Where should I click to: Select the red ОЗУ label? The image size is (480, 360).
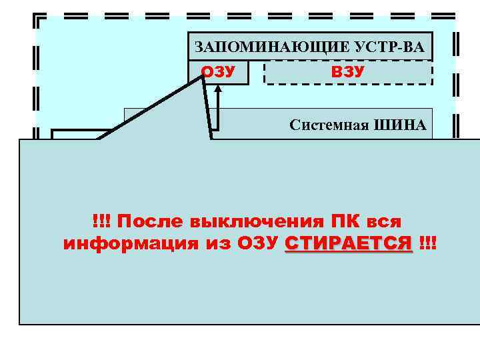pos(218,72)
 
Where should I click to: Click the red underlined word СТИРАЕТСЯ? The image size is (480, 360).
pos(349,244)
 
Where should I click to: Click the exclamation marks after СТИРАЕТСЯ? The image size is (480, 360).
pos(427,244)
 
